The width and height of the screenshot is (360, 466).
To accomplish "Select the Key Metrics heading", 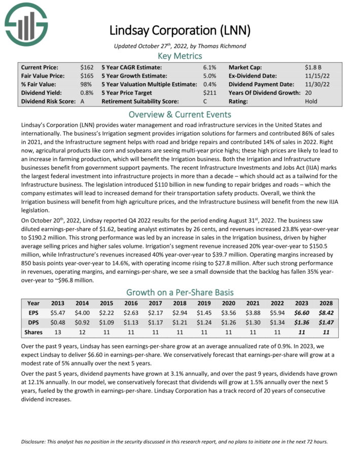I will coord(180,56).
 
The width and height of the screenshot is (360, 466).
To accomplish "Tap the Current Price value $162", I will coord(86,67).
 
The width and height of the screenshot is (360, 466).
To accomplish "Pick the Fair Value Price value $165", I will coord(86,76).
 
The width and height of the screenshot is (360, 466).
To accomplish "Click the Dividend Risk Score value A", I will coord(83,101).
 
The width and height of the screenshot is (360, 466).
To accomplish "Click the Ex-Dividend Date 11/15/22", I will coord(315,76).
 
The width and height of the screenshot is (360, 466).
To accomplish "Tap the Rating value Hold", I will coord(311,101).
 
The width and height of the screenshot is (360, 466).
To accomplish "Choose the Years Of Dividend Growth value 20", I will coord(308,93).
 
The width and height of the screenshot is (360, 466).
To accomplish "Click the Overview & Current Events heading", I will coord(180,114).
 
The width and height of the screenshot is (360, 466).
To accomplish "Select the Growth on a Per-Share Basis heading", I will coord(180,292).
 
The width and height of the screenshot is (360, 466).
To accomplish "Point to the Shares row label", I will coord(33,332).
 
